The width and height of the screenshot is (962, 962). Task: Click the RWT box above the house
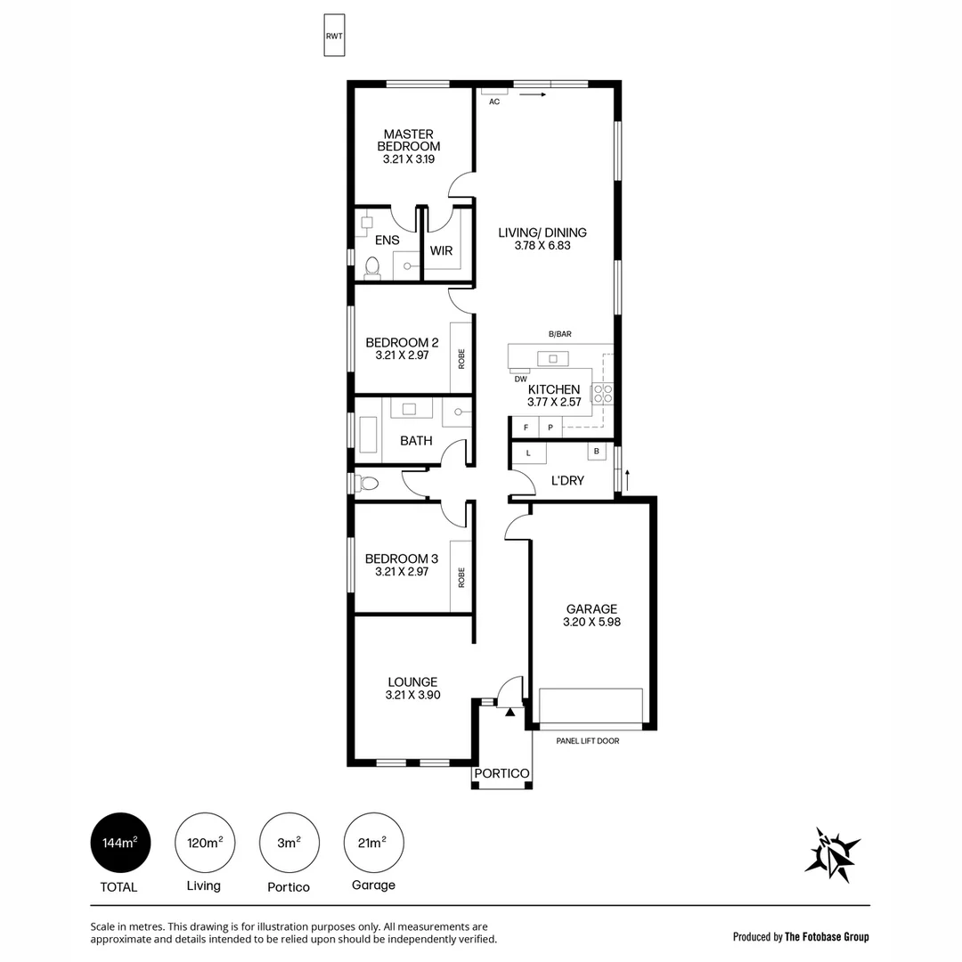[x=334, y=36]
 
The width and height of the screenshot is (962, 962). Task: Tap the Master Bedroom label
[x=408, y=140]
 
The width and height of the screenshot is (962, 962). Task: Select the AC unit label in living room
[x=494, y=102]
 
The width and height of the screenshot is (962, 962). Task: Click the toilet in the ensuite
[x=372, y=267]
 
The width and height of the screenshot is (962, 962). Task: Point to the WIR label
[x=441, y=251]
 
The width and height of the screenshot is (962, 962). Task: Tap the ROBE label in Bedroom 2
[x=461, y=358]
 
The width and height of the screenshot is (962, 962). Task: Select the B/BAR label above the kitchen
[x=559, y=334]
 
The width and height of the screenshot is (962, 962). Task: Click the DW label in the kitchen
[x=520, y=379]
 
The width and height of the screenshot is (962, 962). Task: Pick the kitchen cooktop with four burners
[x=603, y=393]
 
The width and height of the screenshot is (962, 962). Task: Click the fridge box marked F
[x=526, y=428]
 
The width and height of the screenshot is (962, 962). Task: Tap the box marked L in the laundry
[x=529, y=453]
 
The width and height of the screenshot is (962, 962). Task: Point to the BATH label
[x=416, y=441]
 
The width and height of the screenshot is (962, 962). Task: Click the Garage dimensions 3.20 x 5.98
[x=591, y=623]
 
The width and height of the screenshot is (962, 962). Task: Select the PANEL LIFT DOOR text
[x=587, y=741]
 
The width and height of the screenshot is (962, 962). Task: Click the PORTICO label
[x=501, y=773]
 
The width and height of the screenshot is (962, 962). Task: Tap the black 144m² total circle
[x=120, y=843]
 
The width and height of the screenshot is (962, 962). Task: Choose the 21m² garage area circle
[x=373, y=843]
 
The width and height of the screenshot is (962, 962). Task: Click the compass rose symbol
[x=832, y=854]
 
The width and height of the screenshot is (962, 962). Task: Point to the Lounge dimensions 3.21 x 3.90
[x=412, y=695]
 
